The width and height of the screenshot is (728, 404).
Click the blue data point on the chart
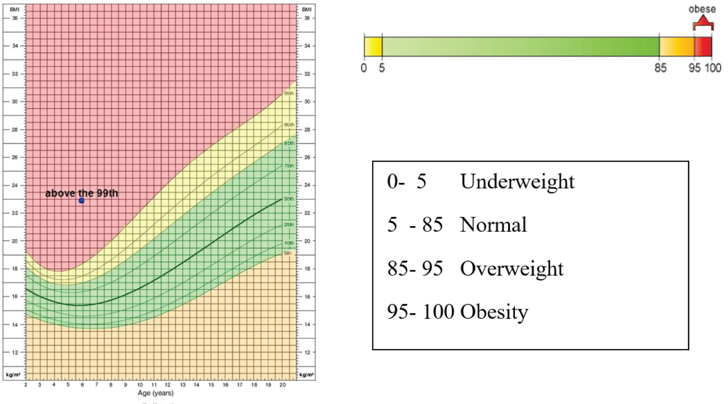pos(82,200)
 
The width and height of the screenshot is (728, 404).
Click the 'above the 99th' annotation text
pos(82,193)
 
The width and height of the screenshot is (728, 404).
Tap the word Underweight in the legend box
pos(517,182)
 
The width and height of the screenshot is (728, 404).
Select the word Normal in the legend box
pos(493,225)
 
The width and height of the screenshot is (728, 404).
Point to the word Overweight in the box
pos(512,269)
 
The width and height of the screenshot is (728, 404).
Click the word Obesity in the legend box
pos(494,312)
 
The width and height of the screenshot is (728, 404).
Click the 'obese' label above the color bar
pos(702,9)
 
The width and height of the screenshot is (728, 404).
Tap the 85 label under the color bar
pos(660,68)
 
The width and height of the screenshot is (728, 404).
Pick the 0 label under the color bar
pos(364,68)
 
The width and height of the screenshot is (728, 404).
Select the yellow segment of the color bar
pos(373,47)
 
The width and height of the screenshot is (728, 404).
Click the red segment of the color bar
pos(703,47)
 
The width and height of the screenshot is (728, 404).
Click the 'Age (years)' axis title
pos(155,393)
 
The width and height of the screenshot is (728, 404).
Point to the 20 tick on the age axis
pos(282,385)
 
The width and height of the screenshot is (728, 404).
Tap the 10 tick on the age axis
pos(140,385)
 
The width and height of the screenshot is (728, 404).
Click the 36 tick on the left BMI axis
pos(15,18)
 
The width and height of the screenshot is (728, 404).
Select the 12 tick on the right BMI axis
pos(307,352)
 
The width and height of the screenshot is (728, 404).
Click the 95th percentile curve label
pos(289,93)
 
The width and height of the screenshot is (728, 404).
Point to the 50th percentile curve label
pos(289,199)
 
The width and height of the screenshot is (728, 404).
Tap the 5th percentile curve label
pos(288,253)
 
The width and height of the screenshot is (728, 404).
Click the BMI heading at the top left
pos(15,9)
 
